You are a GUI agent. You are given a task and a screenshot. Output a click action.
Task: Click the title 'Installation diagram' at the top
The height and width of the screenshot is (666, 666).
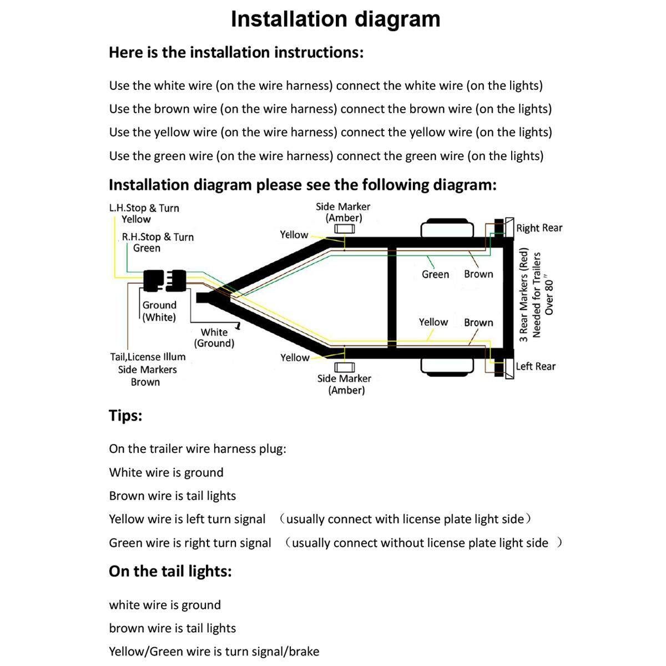pyautogui.click(x=335, y=19)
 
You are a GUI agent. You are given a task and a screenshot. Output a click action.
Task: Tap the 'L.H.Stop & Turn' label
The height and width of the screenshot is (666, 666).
pyautogui.click(x=144, y=208)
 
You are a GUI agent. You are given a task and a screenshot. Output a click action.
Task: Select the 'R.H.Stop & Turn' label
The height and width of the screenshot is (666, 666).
pyautogui.click(x=158, y=237)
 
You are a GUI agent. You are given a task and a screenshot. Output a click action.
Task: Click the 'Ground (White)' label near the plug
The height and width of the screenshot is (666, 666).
pyautogui.click(x=159, y=311)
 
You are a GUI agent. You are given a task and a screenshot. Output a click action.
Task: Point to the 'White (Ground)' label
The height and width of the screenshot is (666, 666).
pyautogui.click(x=214, y=337)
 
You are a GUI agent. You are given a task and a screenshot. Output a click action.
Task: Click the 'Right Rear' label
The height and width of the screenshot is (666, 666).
pyautogui.click(x=539, y=228)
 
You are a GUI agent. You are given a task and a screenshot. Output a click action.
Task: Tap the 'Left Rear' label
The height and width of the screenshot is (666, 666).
pyautogui.click(x=535, y=366)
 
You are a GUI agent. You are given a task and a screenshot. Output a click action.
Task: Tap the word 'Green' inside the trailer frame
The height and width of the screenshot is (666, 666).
pyautogui.click(x=435, y=274)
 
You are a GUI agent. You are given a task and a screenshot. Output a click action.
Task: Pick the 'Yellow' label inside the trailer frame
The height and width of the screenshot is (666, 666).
pyautogui.click(x=433, y=322)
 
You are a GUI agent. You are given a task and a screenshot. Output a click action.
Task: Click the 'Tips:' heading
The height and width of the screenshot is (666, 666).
pyautogui.click(x=125, y=416)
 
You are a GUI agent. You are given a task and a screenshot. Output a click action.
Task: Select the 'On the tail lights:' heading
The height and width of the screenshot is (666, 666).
pyautogui.click(x=170, y=571)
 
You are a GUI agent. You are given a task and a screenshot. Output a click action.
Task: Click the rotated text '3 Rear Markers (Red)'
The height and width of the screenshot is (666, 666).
pyautogui.click(x=523, y=294)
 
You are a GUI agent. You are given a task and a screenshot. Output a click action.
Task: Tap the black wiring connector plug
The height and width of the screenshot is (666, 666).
pyautogui.click(x=164, y=280)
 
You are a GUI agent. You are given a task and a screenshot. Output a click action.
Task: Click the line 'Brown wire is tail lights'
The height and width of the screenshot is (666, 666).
pyautogui.click(x=172, y=496)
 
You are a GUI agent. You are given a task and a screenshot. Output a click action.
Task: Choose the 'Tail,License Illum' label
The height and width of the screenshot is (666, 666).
pyautogui.click(x=148, y=357)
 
